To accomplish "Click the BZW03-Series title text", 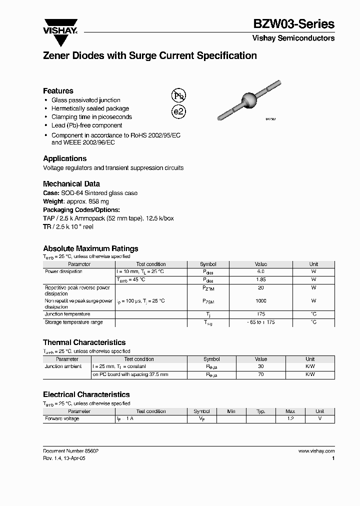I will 293,23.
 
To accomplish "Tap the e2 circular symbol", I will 178,111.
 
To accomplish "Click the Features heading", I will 58,91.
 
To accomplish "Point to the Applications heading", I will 64,158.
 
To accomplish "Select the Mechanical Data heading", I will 71,183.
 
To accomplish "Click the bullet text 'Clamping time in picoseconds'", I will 91,117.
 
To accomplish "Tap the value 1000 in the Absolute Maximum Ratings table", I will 261,301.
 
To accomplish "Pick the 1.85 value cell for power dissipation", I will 261,279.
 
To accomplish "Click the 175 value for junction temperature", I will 261,314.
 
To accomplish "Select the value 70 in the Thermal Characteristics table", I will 261,374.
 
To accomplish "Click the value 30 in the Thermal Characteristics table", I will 261,366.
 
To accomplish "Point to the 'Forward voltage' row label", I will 62,418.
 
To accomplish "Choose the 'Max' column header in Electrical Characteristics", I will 290,411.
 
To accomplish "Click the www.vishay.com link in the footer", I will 316,450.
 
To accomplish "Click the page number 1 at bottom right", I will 333,458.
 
